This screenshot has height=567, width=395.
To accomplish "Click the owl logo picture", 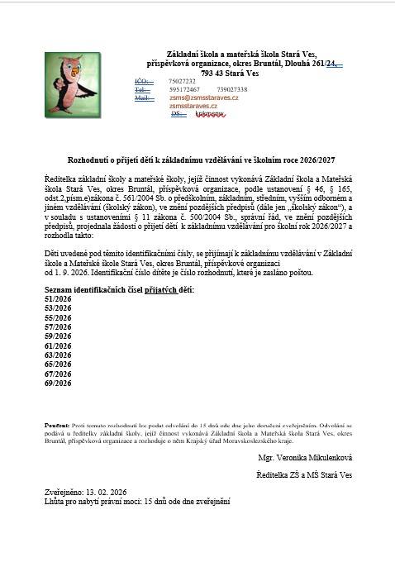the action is coord(69,84).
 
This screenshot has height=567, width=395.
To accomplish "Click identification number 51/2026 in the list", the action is coord(58,300).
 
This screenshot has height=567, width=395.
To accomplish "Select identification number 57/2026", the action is coord(58,327).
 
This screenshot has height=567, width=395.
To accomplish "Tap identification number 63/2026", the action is coord(58,355).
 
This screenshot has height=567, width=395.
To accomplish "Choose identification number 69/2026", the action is coord(58,383).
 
